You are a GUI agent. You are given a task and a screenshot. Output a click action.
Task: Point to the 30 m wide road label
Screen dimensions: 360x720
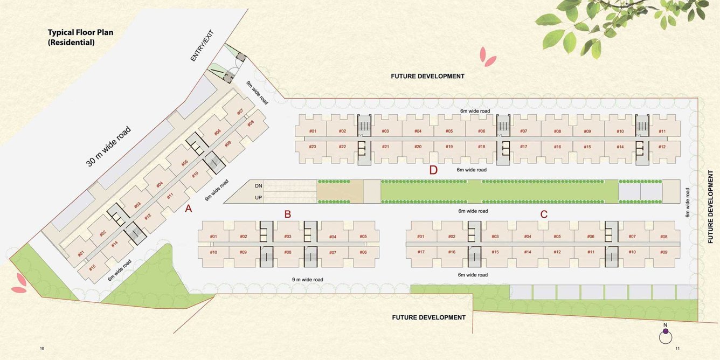coord(108,146)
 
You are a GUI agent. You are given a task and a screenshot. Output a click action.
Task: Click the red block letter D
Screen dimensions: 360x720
coord(433,170)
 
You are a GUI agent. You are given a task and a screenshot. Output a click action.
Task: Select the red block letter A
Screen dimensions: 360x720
coord(189,210)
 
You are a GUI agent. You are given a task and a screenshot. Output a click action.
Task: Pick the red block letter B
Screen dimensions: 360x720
coord(288,214)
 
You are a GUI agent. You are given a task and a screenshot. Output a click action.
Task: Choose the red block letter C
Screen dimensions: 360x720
coord(544,214)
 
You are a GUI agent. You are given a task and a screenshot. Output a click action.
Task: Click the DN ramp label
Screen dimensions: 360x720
coord(259,186)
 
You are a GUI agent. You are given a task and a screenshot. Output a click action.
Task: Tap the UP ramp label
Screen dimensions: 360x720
coord(259,198)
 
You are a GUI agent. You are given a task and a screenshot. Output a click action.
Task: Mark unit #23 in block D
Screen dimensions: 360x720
coord(313,147)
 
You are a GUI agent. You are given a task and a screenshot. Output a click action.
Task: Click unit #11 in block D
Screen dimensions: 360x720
coord(662,131)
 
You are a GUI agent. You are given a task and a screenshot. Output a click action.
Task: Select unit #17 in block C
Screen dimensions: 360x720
coord(421,252)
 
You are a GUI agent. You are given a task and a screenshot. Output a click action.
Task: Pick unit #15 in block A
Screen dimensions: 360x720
coord(92,267)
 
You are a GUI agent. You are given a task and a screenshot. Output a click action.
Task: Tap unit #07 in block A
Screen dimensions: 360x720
coord(240,112)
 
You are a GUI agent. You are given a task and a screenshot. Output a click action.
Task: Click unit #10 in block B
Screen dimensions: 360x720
coord(213,252)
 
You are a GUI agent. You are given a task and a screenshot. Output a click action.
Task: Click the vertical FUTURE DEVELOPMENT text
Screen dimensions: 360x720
coord(711,207)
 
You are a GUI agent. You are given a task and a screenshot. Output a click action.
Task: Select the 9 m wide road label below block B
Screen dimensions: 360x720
coord(307,279)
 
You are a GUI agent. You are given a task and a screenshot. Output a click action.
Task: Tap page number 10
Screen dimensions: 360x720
coord(42,349)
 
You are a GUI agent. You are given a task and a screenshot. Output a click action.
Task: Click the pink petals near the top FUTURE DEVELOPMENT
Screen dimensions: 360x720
coord(488,57)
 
